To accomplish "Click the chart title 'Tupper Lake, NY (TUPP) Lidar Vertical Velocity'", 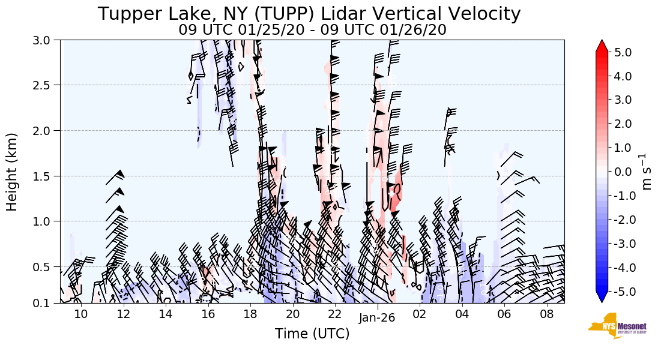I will [x=309, y=13].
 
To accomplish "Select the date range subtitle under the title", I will [x=312, y=29].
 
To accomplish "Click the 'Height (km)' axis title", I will [x=12, y=172].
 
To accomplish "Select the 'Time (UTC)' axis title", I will [x=312, y=334].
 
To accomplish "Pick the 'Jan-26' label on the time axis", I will [x=377, y=317].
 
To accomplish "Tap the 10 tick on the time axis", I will [x=81, y=314].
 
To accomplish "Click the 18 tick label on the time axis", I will [x=250, y=314].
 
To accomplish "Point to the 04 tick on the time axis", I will [x=462, y=314].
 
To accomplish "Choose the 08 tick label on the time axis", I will [x=546, y=314].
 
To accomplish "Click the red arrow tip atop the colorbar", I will [x=602, y=45].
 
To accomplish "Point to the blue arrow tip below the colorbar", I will [x=602, y=298].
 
